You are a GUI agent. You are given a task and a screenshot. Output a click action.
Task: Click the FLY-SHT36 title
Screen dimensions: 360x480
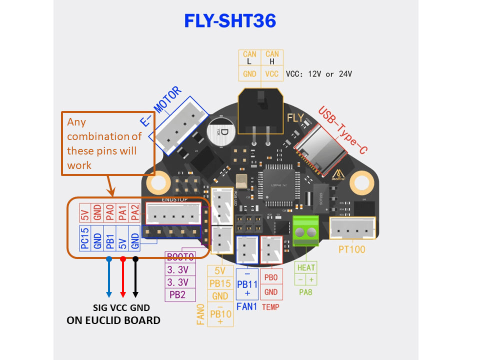[x=230, y=21]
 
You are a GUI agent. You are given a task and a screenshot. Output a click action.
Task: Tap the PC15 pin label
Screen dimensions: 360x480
[x=85, y=238]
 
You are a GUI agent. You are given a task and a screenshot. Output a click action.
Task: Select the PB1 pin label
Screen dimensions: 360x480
[x=110, y=238]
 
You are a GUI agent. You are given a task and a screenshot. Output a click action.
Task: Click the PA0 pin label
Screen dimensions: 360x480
[x=110, y=214]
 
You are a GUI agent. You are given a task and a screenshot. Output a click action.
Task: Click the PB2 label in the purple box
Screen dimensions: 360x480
[x=177, y=295]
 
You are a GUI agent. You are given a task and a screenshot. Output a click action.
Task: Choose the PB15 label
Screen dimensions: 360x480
[x=220, y=284]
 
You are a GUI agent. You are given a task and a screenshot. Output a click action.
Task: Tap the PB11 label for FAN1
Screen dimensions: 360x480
[x=247, y=284]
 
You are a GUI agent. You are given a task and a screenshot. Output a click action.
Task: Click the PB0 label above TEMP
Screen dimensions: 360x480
[x=271, y=276]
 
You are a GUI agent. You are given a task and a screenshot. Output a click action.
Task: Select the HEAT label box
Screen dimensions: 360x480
[x=306, y=267]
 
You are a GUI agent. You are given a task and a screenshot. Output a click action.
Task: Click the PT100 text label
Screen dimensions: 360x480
[x=351, y=248]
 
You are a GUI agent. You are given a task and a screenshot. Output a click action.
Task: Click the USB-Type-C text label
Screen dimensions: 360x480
[x=345, y=130]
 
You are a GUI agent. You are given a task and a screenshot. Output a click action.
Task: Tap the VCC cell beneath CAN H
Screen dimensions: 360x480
[x=272, y=73]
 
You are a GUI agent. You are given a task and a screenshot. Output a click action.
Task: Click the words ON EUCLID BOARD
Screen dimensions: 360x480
[x=113, y=320]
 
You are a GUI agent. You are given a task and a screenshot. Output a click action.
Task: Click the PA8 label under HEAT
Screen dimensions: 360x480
[x=305, y=291]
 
